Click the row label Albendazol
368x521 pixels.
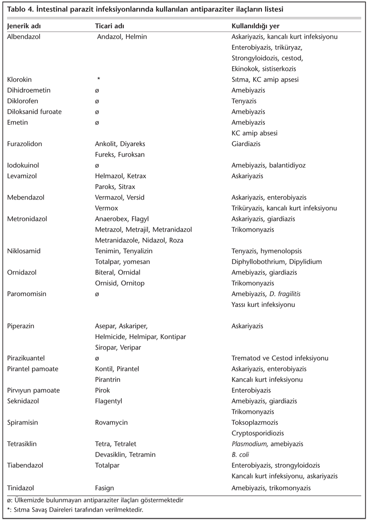pyautogui.click(x=24, y=37)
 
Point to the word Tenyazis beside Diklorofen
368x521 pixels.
pyautogui.click(x=244, y=101)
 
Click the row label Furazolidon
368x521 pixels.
pyautogui.click(x=25, y=144)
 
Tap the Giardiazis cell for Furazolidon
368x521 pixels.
pyautogui.click(x=246, y=144)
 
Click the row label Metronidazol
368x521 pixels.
pyautogui.click(x=28, y=219)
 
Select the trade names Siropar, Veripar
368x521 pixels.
pyautogui.click(x=118, y=347)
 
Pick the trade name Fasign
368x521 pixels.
pyautogui.click(x=104, y=488)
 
